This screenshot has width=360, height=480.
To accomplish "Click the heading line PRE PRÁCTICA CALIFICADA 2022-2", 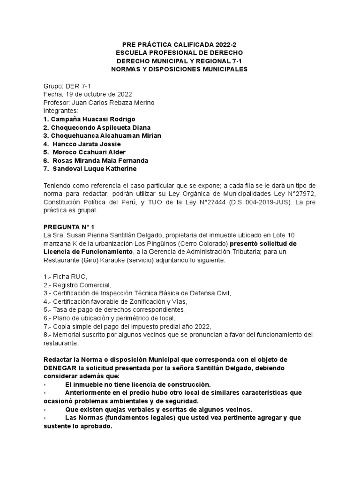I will (180, 44).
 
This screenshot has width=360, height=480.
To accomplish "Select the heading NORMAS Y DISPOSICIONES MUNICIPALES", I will (180, 69).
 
